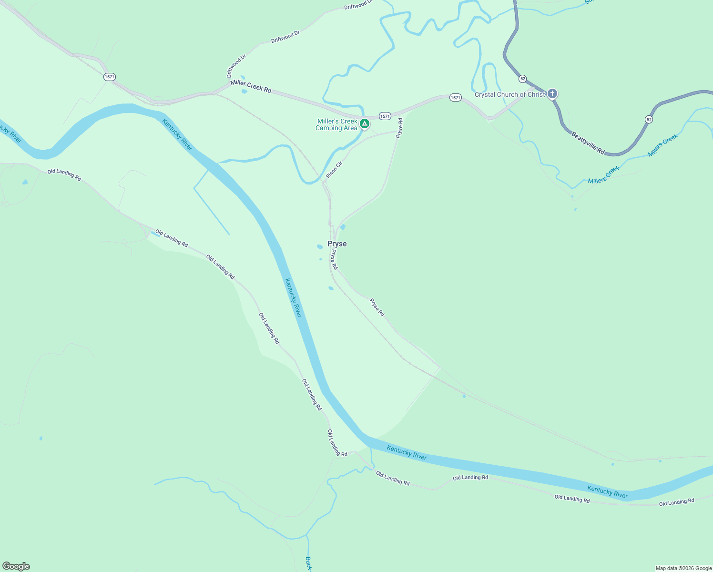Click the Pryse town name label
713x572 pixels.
point(337,244)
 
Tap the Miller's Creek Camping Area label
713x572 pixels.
point(337,124)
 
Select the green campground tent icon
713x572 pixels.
point(365,124)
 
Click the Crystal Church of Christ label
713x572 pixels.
point(509,94)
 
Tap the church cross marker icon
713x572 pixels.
point(552,93)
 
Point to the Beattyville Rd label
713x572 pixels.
point(588,143)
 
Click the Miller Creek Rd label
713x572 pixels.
point(251,86)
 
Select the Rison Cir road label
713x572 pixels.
point(334,170)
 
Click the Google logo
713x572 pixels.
point(16,566)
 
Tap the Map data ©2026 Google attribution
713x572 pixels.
point(683,568)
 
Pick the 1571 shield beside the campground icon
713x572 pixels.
point(385,116)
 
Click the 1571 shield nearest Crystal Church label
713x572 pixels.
point(455,98)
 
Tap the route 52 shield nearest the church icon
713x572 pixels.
point(523,78)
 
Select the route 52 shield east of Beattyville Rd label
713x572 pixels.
point(649,120)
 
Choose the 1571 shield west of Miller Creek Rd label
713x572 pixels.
point(110,77)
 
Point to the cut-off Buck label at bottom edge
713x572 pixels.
point(308,564)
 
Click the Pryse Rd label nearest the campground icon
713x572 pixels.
point(399,128)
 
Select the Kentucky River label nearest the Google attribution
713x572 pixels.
point(607,491)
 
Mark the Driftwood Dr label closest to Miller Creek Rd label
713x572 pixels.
point(236,66)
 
